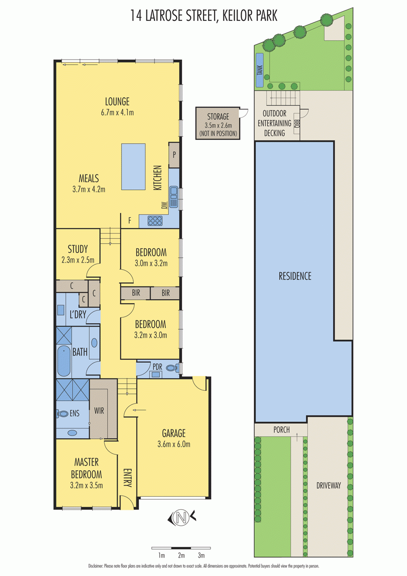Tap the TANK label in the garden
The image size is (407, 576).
259,70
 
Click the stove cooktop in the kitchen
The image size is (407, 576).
155,220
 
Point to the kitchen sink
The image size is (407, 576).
173,197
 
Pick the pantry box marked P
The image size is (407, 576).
174,155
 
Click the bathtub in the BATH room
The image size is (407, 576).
64,361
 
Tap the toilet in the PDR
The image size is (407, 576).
172,367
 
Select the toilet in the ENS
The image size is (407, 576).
63,414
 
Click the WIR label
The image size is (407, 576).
99,411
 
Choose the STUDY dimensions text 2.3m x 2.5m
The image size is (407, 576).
78,260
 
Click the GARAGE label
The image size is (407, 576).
174,434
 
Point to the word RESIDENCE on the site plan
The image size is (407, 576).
295,276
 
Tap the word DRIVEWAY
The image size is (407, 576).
329,485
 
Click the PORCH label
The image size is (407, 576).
281,430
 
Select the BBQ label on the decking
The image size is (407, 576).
297,124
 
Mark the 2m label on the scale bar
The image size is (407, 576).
181,556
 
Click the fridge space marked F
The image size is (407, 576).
130,221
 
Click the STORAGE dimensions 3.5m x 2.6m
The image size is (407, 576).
218,126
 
